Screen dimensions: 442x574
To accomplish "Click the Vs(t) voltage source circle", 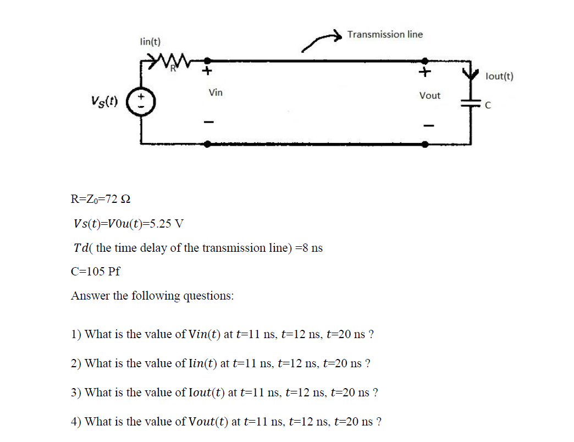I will pos(141,102).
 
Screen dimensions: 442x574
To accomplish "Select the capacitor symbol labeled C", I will pos(471,105).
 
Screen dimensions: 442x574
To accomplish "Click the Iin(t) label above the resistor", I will pos(150,42).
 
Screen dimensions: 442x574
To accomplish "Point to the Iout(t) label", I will pos(499,76).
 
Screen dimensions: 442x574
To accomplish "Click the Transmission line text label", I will pos(385,35).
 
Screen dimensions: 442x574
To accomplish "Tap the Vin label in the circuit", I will pos(216,92).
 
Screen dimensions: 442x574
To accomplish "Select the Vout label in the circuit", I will pos(429,96).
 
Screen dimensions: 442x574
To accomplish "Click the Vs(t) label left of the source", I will pos(104,102).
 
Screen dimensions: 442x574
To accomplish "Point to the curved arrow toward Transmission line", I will pos(320,42).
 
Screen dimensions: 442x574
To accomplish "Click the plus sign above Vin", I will pos(207,71).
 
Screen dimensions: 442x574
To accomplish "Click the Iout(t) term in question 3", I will pos(205,393).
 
